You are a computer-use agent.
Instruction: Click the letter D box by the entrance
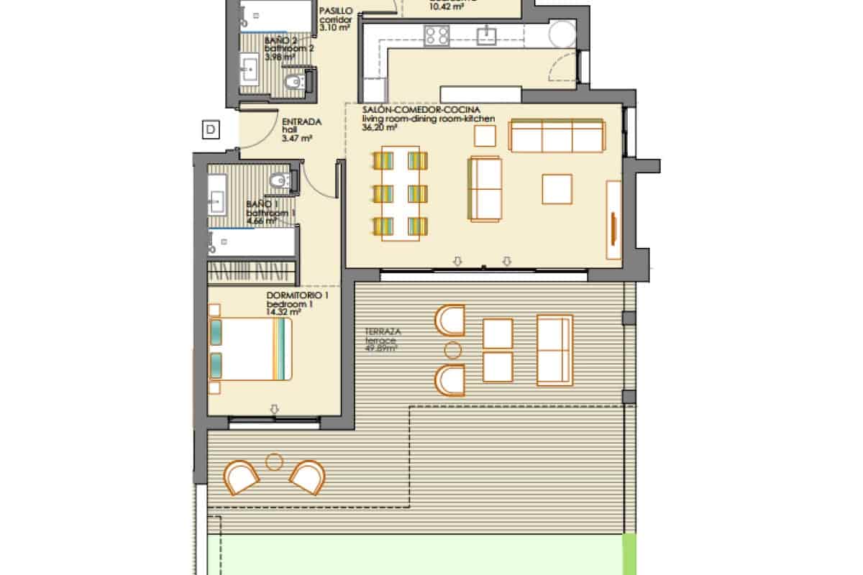click(211, 130)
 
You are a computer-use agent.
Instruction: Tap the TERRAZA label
click(383, 332)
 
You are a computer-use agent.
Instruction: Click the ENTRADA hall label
click(301, 121)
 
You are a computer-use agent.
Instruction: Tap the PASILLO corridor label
click(335, 11)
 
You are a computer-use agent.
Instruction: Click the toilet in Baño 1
click(277, 182)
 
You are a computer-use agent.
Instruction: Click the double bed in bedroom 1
click(252, 349)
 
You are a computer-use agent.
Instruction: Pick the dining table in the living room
click(400, 193)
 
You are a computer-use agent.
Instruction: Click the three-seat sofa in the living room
click(556, 137)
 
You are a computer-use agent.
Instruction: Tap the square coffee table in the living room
click(557, 189)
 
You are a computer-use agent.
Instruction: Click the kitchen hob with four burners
click(437, 34)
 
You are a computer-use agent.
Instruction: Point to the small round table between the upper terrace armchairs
click(453, 350)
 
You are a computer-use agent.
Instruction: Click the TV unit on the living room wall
click(613, 220)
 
